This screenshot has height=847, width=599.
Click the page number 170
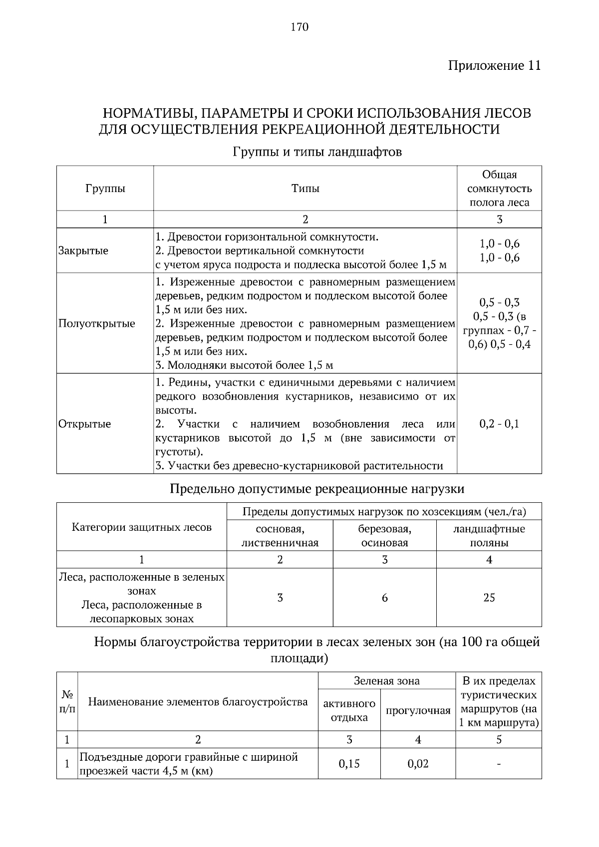(x=299, y=27)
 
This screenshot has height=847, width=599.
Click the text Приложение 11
(x=494, y=66)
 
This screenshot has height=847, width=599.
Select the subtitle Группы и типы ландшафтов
(x=317, y=152)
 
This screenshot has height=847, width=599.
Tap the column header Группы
(x=105, y=189)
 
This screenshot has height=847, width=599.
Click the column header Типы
(x=305, y=189)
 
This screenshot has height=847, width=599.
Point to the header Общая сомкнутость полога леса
(x=499, y=189)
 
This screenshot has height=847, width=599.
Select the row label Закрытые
(x=83, y=250)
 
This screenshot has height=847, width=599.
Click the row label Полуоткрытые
(x=97, y=323)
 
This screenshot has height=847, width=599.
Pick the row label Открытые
(x=85, y=424)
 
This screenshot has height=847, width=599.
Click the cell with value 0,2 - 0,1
(x=499, y=424)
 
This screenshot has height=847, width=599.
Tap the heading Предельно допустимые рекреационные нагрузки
(x=317, y=488)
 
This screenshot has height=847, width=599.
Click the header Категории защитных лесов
(x=142, y=527)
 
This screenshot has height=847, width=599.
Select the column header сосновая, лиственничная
(x=280, y=536)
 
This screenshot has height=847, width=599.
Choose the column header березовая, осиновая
(x=384, y=536)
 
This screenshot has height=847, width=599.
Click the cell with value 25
(x=489, y=598)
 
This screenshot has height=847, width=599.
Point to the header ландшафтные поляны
(x=489, y=536)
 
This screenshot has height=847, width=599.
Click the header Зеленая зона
(x=386, y=681)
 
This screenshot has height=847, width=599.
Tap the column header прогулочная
(x=418, y=711)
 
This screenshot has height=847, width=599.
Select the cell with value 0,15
(x=349, y=764)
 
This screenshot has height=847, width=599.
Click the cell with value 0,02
(x=418, y=764)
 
